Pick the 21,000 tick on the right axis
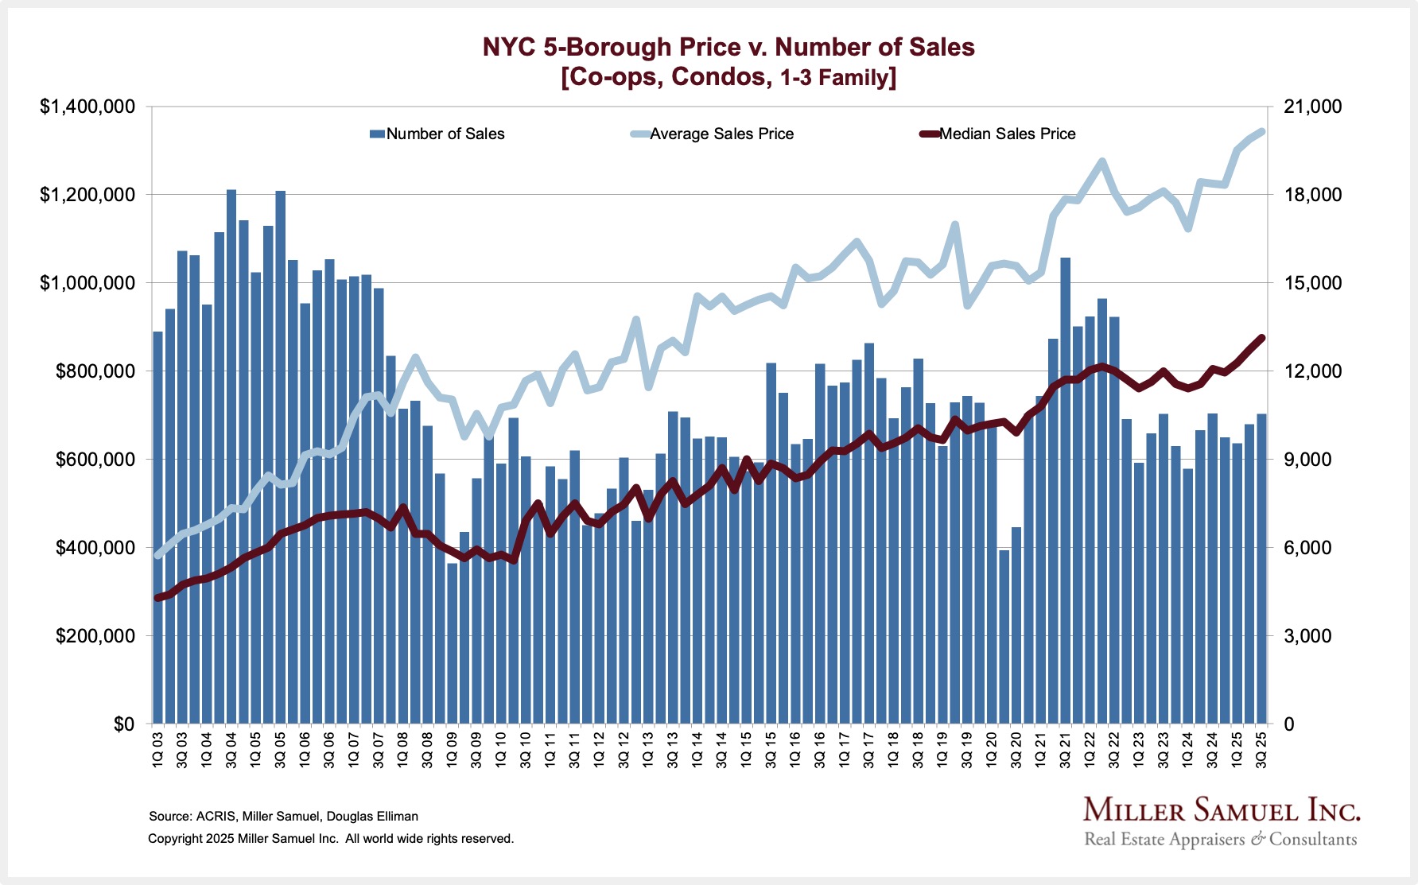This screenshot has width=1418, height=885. (x=1312, y=107)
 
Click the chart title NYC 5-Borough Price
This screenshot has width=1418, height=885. (x=728, y=47)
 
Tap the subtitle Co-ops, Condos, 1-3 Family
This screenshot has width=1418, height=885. (x=728, y=77)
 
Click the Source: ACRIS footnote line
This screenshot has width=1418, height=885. (x=283, y=816)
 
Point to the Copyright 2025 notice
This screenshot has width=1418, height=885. (x=331, y=838)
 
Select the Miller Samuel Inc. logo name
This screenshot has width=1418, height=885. (x=1221, y=811)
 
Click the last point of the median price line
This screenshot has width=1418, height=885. (x=1261, y=338)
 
